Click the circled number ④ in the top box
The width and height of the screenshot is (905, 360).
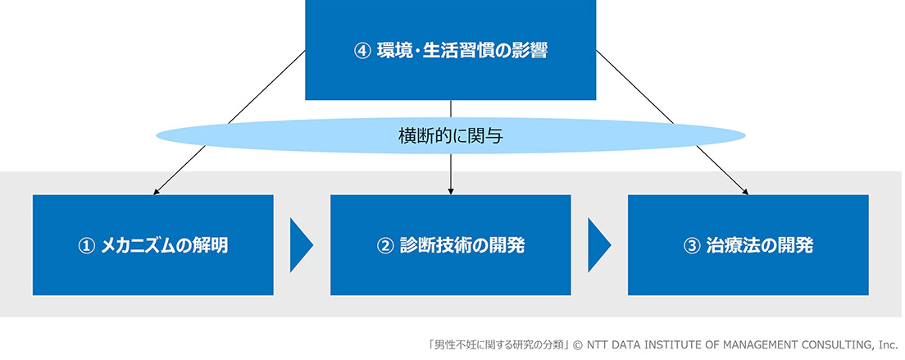pos(362,51)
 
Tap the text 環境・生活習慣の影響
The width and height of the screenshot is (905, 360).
pos(462,51)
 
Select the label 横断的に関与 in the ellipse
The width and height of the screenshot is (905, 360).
pos(451,136)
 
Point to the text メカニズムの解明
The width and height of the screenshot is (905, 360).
pos(164,246)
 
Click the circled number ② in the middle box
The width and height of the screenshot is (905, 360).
pos(384,246)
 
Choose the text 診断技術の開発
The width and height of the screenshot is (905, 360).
pos(462,246)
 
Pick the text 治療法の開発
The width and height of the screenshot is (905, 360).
pos(760,246)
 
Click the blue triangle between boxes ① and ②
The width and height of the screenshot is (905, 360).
pos(299,244)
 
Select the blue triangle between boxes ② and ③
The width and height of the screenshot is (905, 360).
pos(598,244)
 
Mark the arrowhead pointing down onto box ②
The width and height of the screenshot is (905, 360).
pos(451,191)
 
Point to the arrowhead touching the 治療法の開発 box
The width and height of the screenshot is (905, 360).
pos(745,192)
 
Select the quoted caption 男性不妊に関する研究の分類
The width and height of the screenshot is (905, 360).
pos(498,345)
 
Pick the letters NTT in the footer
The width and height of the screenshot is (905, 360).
pos(597,345)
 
